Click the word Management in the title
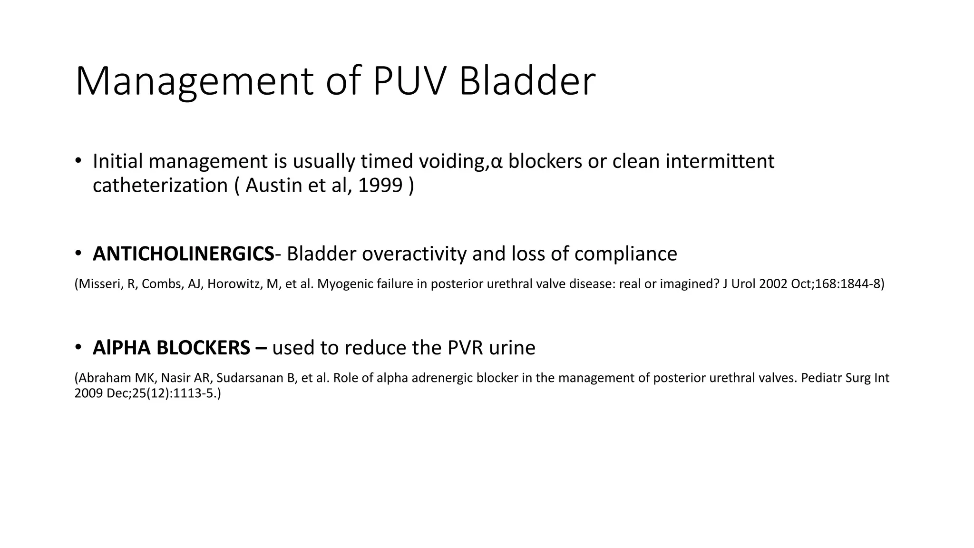[194, 82]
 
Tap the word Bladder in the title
[526, 82]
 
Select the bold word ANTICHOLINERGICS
[183, 254]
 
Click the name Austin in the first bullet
[273, 186]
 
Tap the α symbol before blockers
[497, 162]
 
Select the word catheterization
[160, 186]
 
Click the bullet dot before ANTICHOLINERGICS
[78, 253]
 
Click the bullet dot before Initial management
[78, 161]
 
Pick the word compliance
[625, 254]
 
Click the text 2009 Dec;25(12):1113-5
[147, 394]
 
